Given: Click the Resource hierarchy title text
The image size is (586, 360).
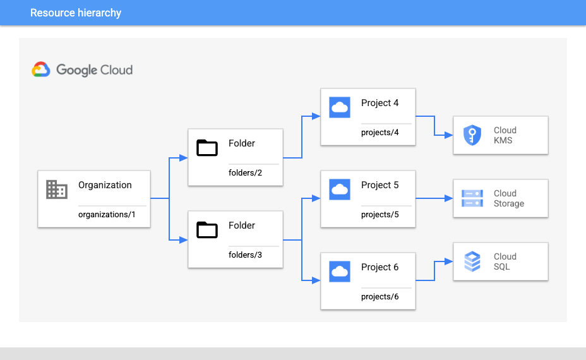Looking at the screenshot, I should (x=76, y=13).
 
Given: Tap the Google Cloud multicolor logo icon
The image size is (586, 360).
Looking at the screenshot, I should (x=41, y=69).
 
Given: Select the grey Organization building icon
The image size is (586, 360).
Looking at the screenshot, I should (x=57, y=189).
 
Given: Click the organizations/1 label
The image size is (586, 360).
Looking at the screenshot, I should (x=107, y=215).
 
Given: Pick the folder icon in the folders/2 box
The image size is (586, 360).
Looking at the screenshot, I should (x=206, y=147).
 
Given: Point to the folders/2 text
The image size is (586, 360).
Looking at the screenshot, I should (x=246, y=173).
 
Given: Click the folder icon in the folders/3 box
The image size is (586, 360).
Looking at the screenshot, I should (x=206, y=229).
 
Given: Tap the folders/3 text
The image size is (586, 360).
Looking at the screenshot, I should (x=246, y=255).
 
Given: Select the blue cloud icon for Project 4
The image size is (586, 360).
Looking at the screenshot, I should (x=340, y=107).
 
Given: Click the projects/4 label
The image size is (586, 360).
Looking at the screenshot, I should (x=380, y=133).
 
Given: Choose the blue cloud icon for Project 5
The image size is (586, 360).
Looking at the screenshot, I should (x=340, y=189).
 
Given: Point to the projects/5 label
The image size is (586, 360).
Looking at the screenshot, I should (x=380, y=215).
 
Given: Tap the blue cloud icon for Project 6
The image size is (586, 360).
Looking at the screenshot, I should (x=340, y=271).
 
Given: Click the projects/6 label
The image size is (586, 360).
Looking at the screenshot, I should (x=380, y=297).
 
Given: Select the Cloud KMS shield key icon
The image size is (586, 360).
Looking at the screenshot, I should (x=472, y=136).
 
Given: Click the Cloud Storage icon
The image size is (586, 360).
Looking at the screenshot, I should (x=472, y=198).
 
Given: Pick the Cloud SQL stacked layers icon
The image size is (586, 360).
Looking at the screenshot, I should (x=472, y=261).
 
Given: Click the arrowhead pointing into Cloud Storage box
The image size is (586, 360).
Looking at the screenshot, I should (x=450, y=198).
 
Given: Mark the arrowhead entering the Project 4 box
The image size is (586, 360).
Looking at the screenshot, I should (x=317, y=116).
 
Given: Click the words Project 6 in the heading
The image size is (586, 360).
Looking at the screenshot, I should (x=380, y=267).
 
